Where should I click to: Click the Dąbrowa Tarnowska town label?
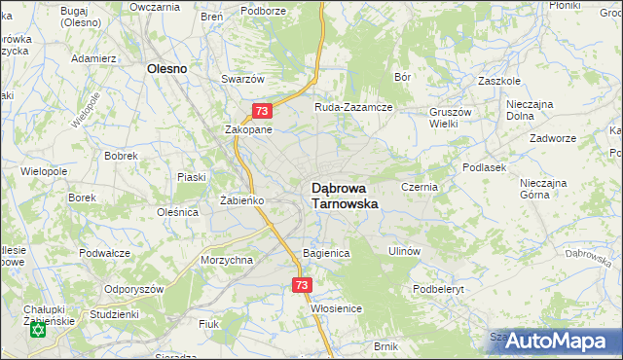tap(344, 196)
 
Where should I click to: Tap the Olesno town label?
tap(166, 69)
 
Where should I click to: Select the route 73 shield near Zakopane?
tap(260, 112)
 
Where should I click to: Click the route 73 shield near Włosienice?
tap(301, 285)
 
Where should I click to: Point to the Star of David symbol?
tap(39, 331)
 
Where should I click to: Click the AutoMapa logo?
tap(553, 341)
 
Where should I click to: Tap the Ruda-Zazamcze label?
tap(352, 107)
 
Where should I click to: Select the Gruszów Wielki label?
tap(452, 118)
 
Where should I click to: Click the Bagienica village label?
tap(325, 252)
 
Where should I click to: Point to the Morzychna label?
tap(227, 260)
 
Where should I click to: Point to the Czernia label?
tap(421, 186)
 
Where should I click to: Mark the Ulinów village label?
tap(403, 250)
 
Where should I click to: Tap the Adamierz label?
tap(94, 58)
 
